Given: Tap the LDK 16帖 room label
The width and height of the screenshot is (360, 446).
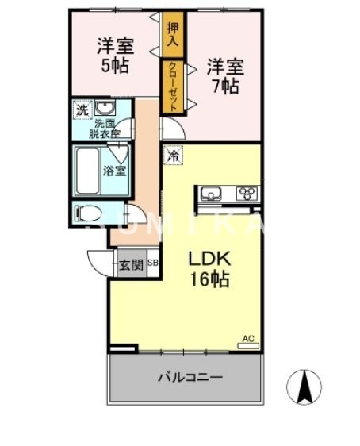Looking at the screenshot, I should tap(209, 269).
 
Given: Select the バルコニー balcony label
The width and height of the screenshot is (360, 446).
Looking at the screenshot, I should tap(190, 377).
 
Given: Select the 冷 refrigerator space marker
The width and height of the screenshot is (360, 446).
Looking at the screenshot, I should tap(172, 156).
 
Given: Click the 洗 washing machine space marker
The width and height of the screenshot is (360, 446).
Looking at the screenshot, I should tap(82, 109).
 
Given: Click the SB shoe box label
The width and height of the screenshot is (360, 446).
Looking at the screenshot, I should tap(153, 265).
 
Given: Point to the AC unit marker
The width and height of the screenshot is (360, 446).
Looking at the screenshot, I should tap(248, 341).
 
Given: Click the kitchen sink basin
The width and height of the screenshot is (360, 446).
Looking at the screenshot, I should tap(212, 193).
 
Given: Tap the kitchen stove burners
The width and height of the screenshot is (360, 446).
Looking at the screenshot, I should tap(247, 193).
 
